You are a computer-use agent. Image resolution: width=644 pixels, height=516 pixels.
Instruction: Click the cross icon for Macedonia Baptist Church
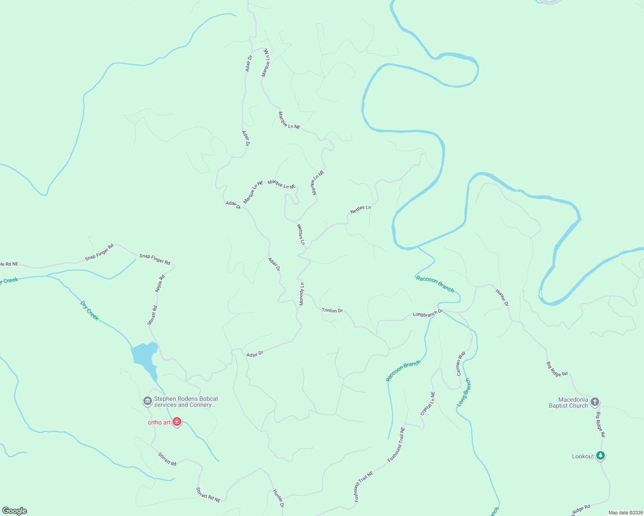594,402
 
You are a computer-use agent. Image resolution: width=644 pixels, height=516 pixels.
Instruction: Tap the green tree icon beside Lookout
601,456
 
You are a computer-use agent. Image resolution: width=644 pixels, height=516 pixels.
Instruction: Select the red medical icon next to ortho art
177,422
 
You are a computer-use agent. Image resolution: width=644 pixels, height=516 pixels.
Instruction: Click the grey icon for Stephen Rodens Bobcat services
147,402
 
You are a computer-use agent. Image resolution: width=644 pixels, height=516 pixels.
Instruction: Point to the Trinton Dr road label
332,310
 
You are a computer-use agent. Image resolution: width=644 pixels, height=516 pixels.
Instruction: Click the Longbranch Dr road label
427,314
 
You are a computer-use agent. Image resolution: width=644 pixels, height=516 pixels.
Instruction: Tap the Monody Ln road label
302,294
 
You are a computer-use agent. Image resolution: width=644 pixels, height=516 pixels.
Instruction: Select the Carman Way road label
461,364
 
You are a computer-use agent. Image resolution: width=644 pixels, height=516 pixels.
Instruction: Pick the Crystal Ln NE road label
427,403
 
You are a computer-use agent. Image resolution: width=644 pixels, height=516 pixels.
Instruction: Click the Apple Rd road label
160,284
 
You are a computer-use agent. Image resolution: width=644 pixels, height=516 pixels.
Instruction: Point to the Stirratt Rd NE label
208,495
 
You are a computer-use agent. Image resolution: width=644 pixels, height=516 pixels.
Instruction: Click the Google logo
15,511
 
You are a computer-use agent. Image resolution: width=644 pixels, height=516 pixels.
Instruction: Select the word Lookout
583,456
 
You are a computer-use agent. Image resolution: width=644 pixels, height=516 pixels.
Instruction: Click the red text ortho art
159,422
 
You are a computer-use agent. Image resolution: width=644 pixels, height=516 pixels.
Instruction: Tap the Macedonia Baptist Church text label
568,402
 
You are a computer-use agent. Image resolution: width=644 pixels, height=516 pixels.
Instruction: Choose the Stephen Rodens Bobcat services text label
186,402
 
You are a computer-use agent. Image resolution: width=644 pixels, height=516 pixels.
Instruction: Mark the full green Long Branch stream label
464,392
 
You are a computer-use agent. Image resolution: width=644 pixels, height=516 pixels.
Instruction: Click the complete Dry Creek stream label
90,310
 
